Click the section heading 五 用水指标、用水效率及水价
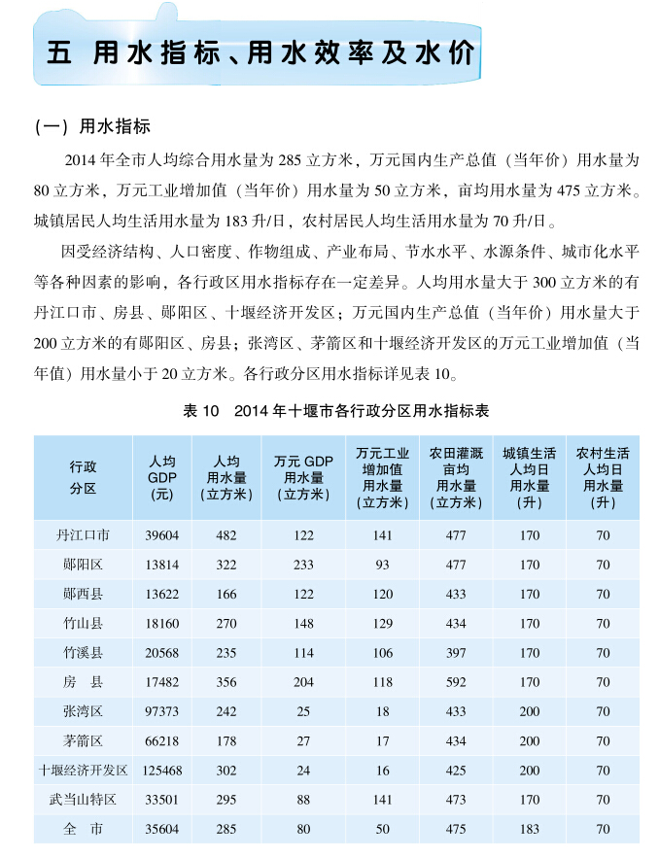point(261,52)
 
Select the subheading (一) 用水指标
point(91,128)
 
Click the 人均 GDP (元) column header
point(161,476)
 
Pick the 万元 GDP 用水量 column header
point(303,476)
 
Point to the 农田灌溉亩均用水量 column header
point(456,476)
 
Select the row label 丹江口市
point(84,534)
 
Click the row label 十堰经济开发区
point(84,770)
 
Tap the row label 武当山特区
point(84,799)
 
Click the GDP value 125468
point(161,770)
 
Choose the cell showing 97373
point(161,711)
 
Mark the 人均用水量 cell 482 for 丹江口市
point(225,534)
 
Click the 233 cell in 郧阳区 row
point(303,565)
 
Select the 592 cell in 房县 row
point(456,682)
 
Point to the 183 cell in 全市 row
point(530,829)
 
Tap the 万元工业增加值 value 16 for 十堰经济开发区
point(382,770)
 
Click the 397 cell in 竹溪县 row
point(456,653)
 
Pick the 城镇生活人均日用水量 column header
point(530,476)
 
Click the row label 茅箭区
point(84,740)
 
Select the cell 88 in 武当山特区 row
point(303,799)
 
